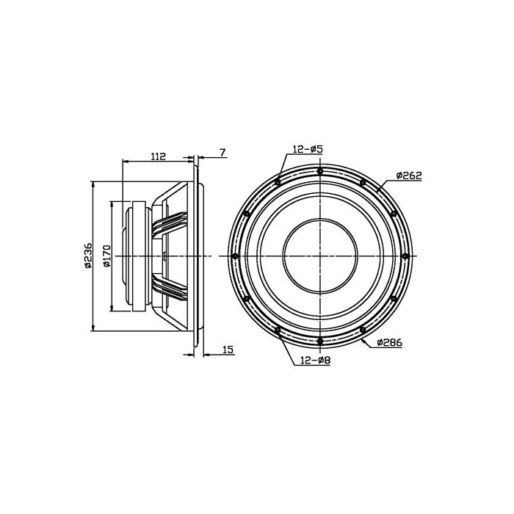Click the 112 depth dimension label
coord(159,156)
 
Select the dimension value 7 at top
coord(222,153)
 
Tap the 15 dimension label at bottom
coord(228,350)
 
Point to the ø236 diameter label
coord(88,256)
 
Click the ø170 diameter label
coord(107,256)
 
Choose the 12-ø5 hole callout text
coord(308,149)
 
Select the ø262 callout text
coord(409,175)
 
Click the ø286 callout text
coord(389,343)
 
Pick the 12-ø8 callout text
coord(315,361)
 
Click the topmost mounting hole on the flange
coord(320,171)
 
